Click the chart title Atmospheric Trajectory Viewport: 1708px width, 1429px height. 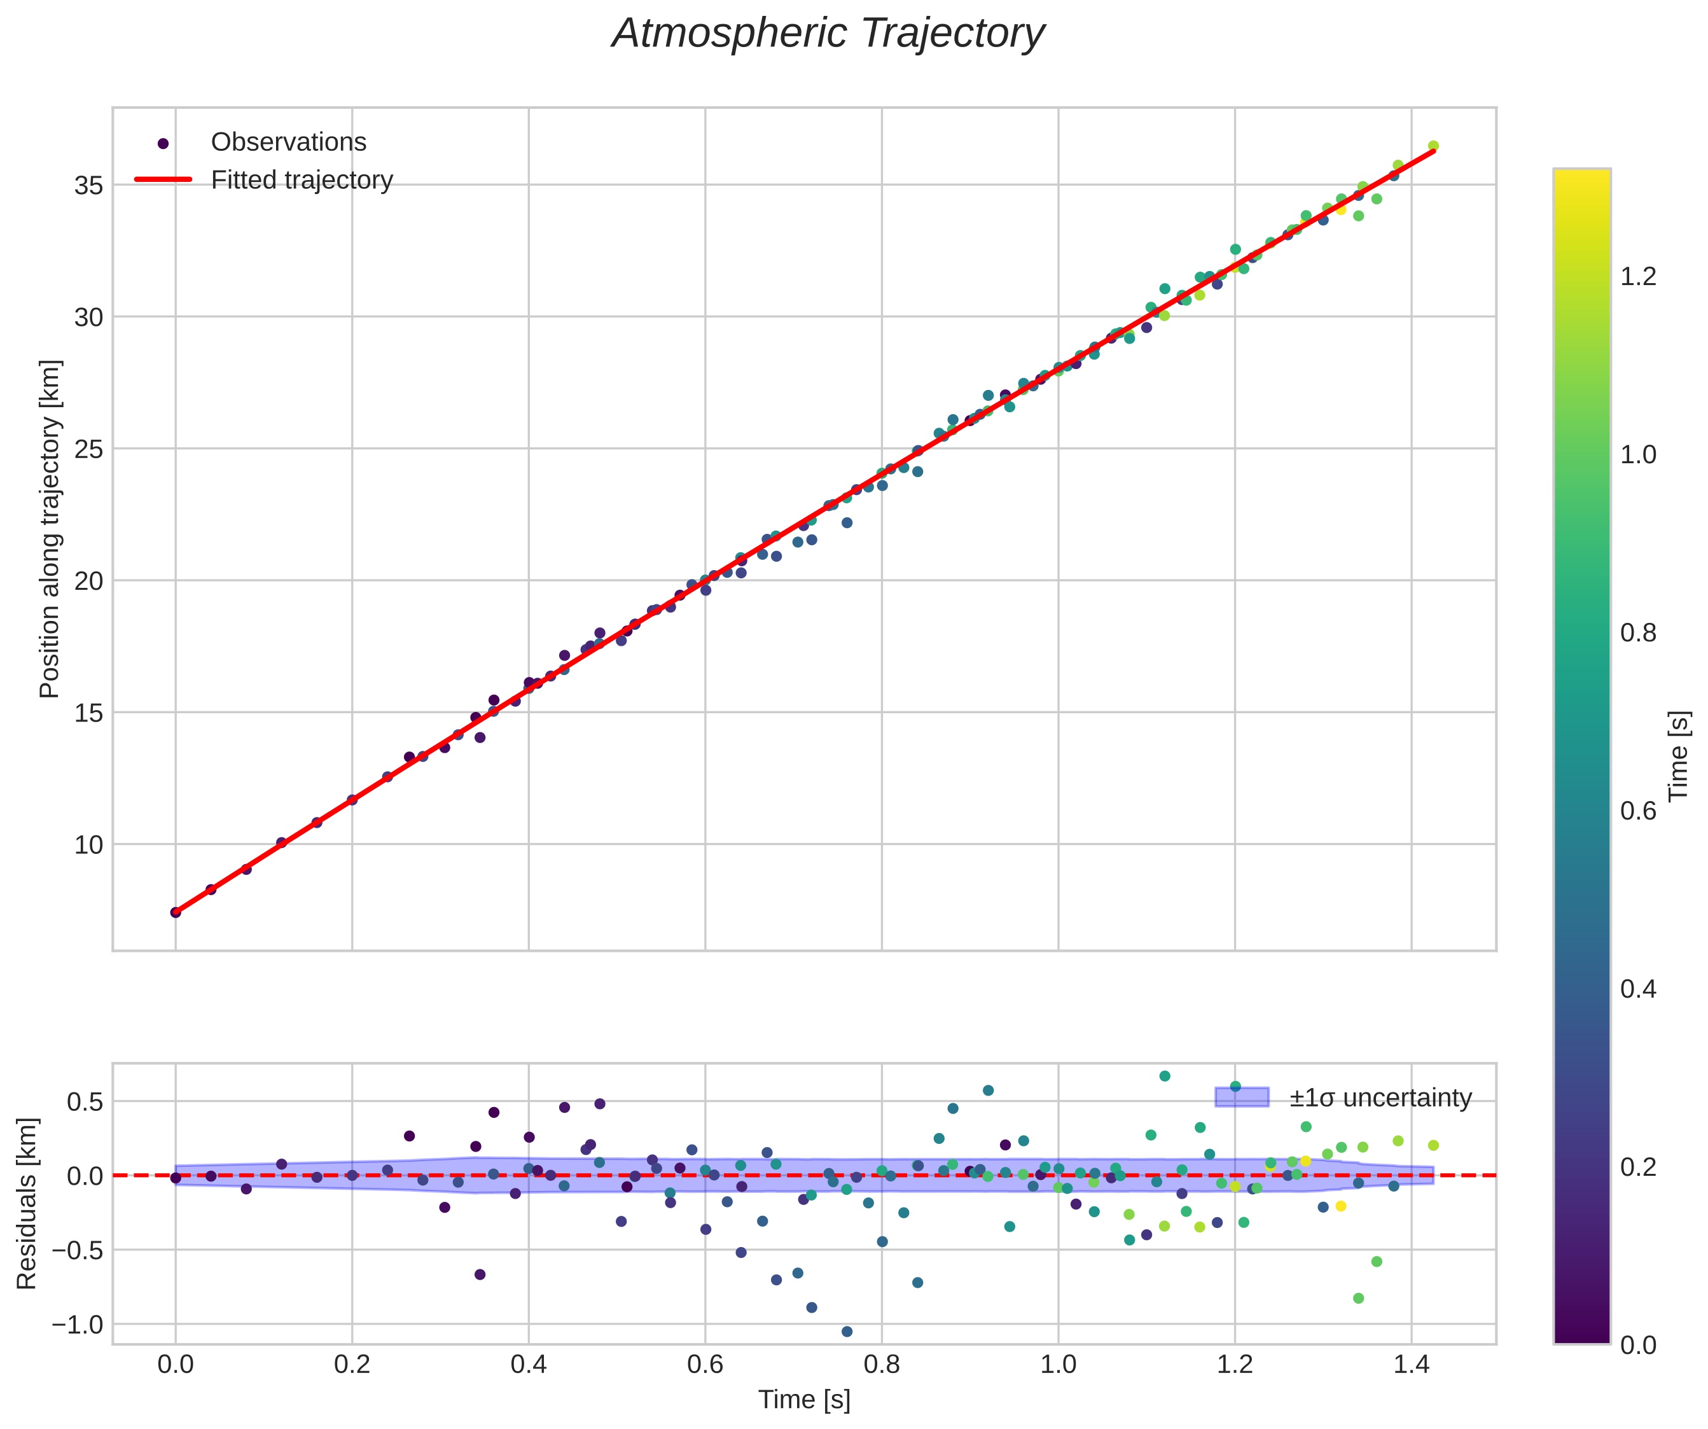click(x=828, y=34)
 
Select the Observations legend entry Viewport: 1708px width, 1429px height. click(x=288, y=143)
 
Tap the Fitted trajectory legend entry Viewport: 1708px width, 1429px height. click(x=301, y=180)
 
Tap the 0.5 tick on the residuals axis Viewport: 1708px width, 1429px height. click(x=85, y=1102)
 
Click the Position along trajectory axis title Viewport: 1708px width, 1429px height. click(x=50, y=529)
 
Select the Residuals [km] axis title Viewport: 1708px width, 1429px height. click(x=27, y=1204)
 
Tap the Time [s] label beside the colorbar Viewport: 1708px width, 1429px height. click(x=1679, y=756)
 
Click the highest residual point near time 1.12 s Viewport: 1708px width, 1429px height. click(x=1165, y=1076)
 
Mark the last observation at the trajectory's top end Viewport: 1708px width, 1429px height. click(x=1433, y=146)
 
